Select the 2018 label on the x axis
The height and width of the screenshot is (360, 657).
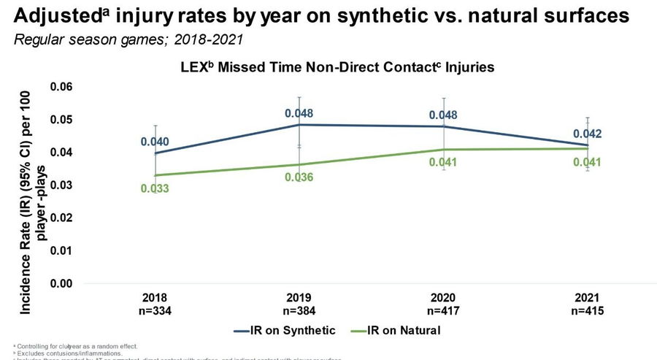155,297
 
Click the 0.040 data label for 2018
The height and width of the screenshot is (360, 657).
155,141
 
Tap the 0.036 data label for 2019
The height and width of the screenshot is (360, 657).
299,177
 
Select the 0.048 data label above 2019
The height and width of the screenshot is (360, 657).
299,113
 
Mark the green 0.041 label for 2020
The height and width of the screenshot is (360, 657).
443,162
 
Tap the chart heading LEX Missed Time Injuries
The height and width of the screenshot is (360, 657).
337,67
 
